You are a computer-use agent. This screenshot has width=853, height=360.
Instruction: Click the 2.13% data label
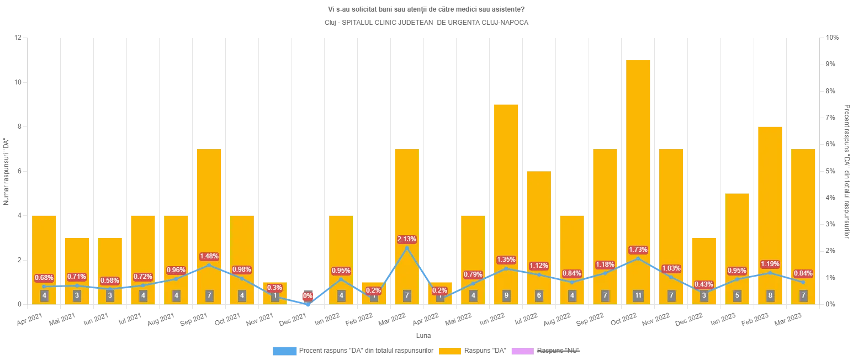(x=407, y=239)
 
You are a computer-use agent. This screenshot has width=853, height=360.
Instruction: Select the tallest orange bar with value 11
(x=638, y=166)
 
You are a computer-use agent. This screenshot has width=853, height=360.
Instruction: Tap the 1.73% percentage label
(x=638, y=250)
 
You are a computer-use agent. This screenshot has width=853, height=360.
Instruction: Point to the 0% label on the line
(x=308, y=296)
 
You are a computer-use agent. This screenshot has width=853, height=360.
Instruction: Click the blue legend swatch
(x=284, y=350)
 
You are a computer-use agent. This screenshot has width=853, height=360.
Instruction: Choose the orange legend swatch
(x=450, y=350)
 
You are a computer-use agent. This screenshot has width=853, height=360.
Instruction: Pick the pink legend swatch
(x=522, y=350)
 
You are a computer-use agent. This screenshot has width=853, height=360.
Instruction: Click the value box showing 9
(x=506, y=295)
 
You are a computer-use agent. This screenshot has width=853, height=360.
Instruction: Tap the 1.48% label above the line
(x=209, y=256)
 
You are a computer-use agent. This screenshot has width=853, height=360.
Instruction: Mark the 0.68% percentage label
(x=44, y=277)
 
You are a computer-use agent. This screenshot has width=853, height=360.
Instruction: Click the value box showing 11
(x=638, y=295)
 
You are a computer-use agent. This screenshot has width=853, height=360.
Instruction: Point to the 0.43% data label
(x=704, y=284)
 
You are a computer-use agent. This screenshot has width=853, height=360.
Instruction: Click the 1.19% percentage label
(x=770, y=264)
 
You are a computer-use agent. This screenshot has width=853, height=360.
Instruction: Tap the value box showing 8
(x=770, y=295)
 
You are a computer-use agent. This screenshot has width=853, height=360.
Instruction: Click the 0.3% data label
(x=274, y=287)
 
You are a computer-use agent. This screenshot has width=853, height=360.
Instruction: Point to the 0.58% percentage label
(x=110, y=280)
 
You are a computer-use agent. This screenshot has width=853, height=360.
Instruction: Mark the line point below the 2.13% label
(x=407, y=248)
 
